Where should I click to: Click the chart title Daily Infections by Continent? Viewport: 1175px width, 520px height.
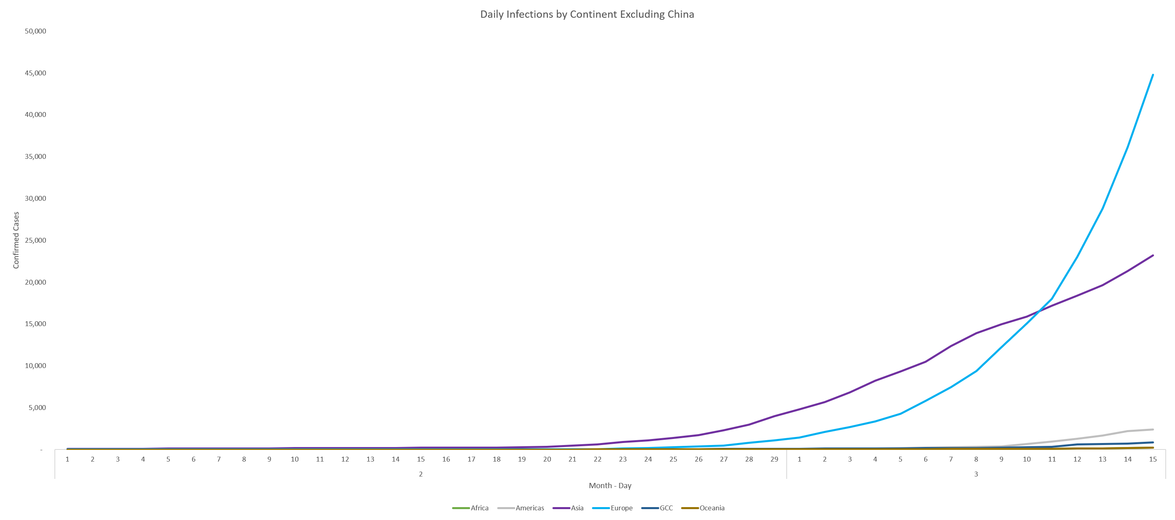click(587, 15)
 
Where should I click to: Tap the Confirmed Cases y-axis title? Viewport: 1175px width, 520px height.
click(17, 240)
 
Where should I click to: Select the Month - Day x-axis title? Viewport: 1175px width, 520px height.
click(610, 485)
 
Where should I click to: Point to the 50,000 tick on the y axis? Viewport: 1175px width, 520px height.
click(35, 31)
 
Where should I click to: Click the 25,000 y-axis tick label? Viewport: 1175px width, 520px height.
click(35, 240)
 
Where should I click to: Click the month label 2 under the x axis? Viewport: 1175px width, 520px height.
click(421, 474)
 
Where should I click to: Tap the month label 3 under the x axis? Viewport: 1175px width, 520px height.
click(976, 474)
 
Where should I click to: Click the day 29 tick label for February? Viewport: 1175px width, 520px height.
click(774, 460)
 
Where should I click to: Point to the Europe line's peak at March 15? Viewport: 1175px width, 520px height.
click(1153, 75)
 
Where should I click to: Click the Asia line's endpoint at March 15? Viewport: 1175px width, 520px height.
click(1153, 256)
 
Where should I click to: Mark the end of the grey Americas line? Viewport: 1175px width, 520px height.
click(1153, 429)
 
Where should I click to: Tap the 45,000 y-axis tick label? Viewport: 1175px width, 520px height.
click(35, 73)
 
